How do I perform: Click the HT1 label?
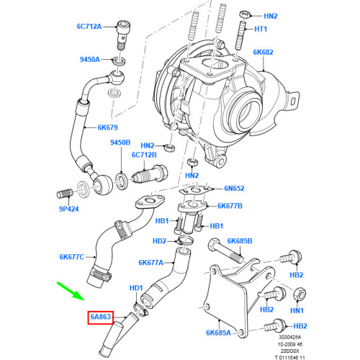[261, 29]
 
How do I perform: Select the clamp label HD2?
[160, 240]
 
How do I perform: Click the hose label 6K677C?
[71, 256]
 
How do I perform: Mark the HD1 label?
[136, 288]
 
